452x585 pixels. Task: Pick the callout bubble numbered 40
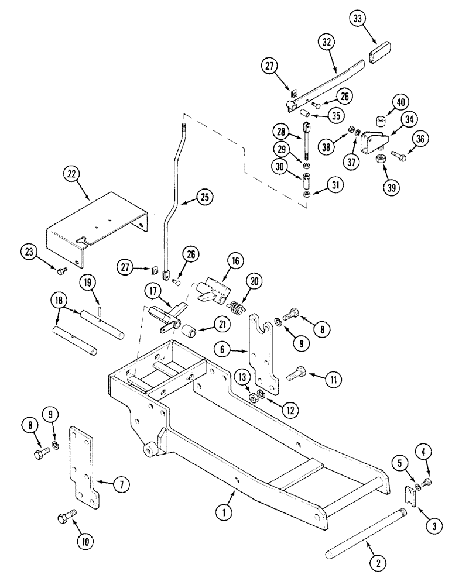[x=400, y=103]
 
